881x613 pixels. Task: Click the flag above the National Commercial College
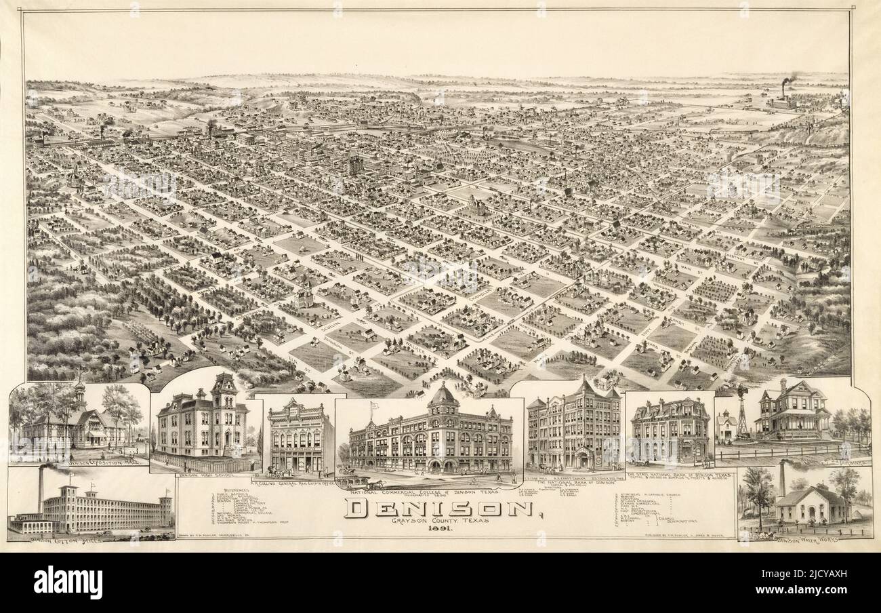click(373, 406)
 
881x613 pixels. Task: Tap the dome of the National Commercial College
click(444, 396)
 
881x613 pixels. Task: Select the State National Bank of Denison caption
click(678, 475)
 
